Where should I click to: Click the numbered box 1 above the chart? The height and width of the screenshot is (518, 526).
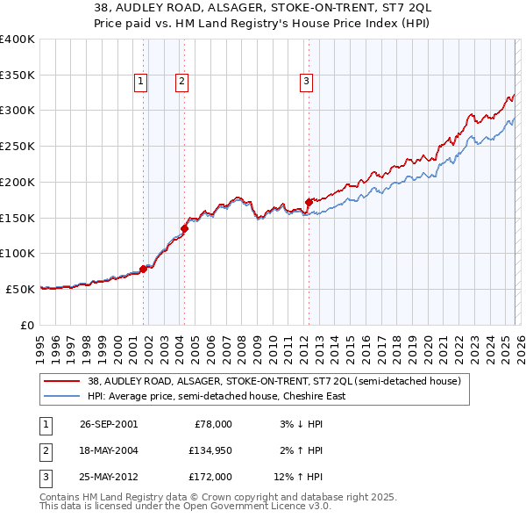tap(140, 82)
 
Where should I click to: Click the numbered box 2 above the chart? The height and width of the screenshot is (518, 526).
tap(181, 82)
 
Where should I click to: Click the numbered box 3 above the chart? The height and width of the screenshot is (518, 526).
tap(306, 82)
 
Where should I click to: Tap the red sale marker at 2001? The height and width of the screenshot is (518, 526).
tap(144, 270)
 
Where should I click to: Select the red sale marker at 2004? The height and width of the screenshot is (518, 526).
tap(184, 228)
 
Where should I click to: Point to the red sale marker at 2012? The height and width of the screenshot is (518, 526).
tap(309, 202)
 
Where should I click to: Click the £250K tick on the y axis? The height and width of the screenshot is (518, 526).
tap(18, 146)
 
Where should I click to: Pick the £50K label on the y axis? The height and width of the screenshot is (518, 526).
tap(20, 288)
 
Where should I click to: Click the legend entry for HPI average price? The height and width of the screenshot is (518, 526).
tap(216, 396)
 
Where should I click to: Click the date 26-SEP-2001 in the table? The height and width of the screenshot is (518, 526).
tap(109, 424)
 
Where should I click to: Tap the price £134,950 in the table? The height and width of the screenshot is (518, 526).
tap(210, 450)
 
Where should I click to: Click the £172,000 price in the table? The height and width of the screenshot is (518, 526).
tap(210, 477)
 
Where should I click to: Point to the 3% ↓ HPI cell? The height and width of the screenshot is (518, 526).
tap(302, 424)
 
